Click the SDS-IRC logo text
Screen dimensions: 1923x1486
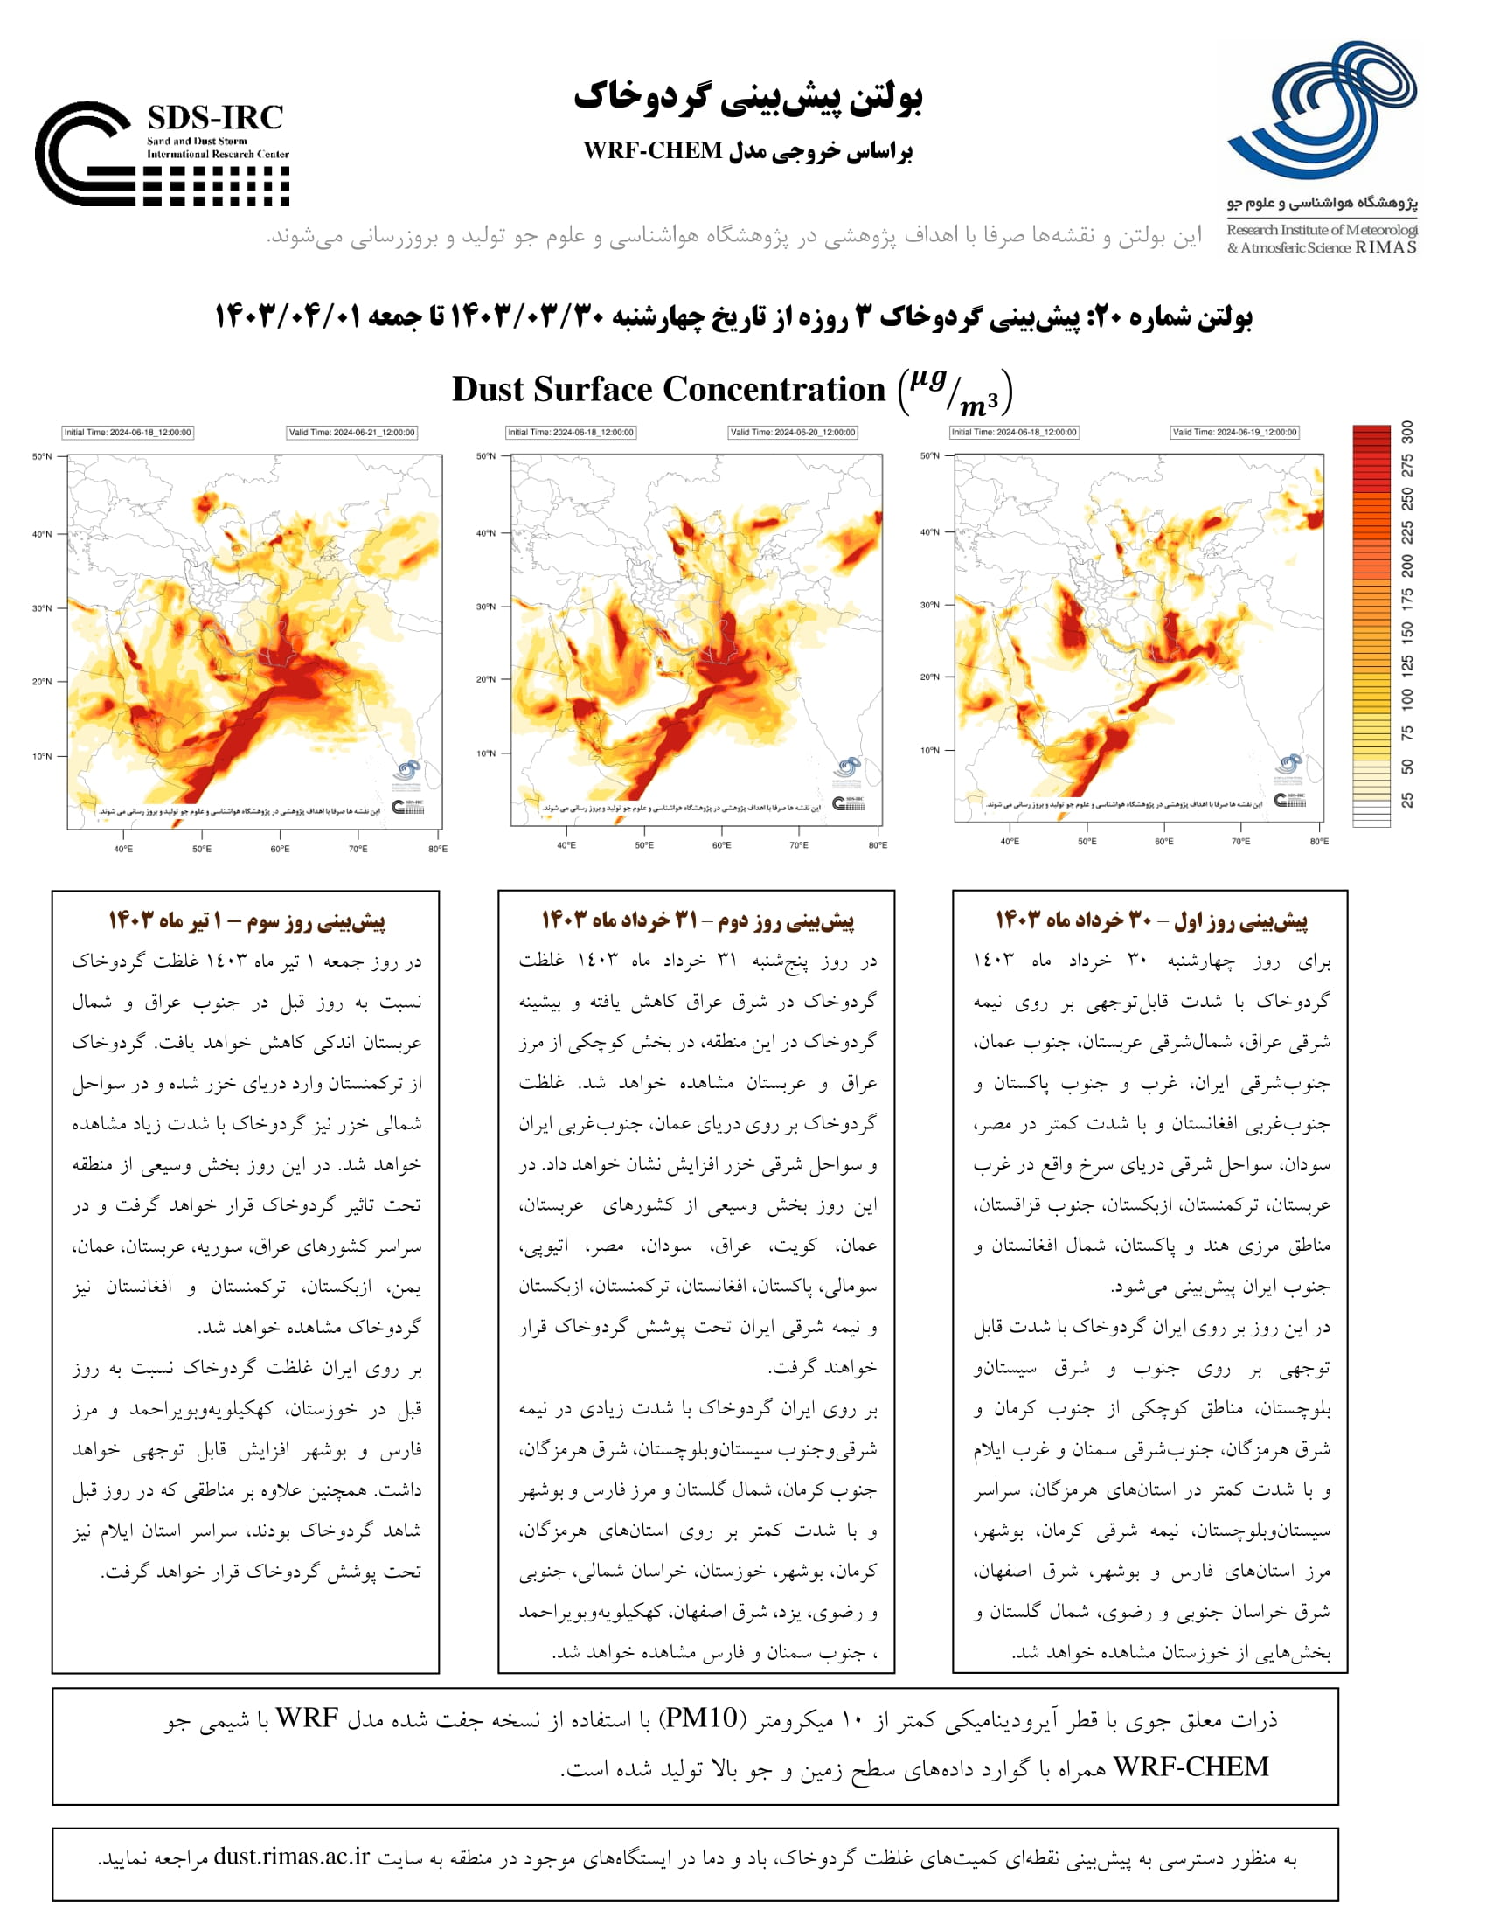click(215, 118)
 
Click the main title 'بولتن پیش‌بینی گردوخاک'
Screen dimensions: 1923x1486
click(747, 98)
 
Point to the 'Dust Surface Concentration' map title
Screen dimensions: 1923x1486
click(668, 389)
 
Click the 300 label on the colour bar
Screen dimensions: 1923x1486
click(1407, 432)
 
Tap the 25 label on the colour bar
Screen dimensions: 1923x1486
click(1407, 800)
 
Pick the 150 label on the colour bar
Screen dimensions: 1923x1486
click(1407, 631)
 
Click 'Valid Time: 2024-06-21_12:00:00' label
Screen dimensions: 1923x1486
click(352, 433)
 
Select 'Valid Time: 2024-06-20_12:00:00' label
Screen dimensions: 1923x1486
click(792, 433)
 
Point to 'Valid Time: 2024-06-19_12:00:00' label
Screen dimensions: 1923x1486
click(1234, 433)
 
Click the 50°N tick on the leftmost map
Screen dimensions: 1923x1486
click(42, 457)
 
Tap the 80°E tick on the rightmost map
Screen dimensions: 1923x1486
click(1319, 842)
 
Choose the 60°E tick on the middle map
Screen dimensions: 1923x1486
click(721, 845)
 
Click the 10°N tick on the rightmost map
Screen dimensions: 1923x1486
click(930, 751)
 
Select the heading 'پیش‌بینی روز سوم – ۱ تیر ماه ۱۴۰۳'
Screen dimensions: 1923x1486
click(247, 921)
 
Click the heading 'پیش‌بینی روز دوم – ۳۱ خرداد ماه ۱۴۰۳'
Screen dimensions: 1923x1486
click(698, 921)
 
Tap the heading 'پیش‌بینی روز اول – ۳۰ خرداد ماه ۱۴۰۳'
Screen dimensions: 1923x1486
click(1150, 921)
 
